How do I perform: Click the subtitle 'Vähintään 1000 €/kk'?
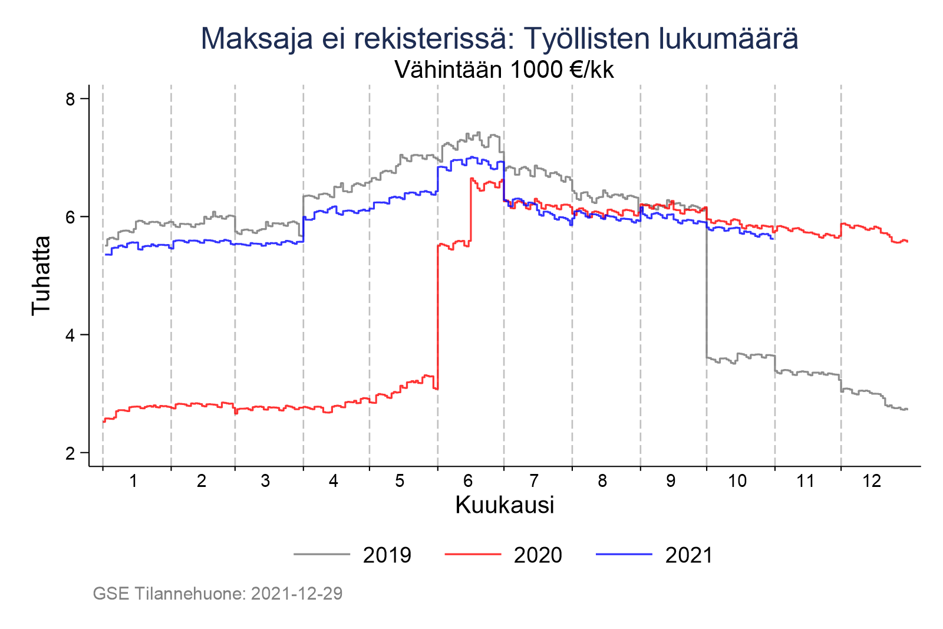click(504, 70)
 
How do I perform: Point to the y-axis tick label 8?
click(71, 98)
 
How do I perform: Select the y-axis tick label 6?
click(71, 217)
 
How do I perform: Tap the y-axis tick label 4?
click(71, 335)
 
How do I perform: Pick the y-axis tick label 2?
click(71, 453)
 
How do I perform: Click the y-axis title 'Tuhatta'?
click(41, 275)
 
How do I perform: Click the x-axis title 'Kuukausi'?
click(505, 505)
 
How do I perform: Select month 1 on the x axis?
click(134, 481)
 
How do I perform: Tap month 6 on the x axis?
click(468, 481)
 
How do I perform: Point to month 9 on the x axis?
click(671, 481)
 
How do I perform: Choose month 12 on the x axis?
click(872, 481)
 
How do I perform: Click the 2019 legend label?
click(387, 555)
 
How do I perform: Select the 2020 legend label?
click(538, 555)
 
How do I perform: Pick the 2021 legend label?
click(689, 555)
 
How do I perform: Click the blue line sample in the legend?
click(624, 555)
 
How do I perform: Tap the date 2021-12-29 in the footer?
click(296, 593)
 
